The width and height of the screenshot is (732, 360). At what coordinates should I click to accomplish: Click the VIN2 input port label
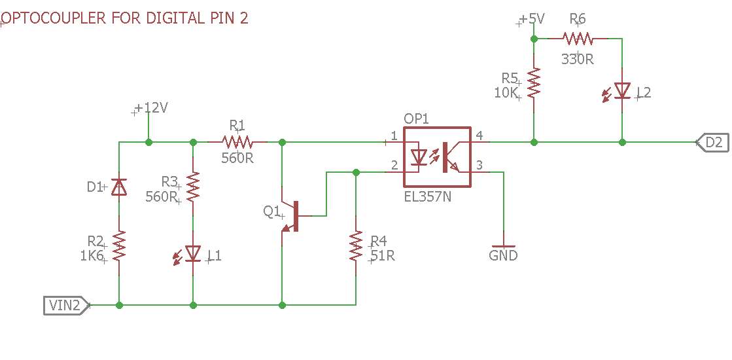point(66,306)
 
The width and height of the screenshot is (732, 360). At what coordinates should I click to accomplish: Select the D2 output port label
point(712,143)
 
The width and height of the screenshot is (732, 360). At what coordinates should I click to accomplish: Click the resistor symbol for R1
point(237,141)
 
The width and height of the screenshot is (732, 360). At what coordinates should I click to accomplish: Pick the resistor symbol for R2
point(119,246)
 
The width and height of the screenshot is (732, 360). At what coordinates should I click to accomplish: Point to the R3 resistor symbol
point(193,187)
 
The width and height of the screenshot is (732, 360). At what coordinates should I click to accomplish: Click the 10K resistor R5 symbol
point(534,82)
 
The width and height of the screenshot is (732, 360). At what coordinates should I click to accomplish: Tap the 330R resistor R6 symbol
point(578,38)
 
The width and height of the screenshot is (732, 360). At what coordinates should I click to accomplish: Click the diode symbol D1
point(119,187)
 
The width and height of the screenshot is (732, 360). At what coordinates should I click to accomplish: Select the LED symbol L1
point(189,254)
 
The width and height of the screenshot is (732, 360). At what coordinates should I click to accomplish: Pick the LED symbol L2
point(618,91)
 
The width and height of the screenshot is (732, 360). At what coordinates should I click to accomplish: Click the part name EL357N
point(428,196)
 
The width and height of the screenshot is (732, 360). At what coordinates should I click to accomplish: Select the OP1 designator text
point(416,119)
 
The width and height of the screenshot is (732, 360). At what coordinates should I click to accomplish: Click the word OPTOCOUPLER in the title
point(54,18)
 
